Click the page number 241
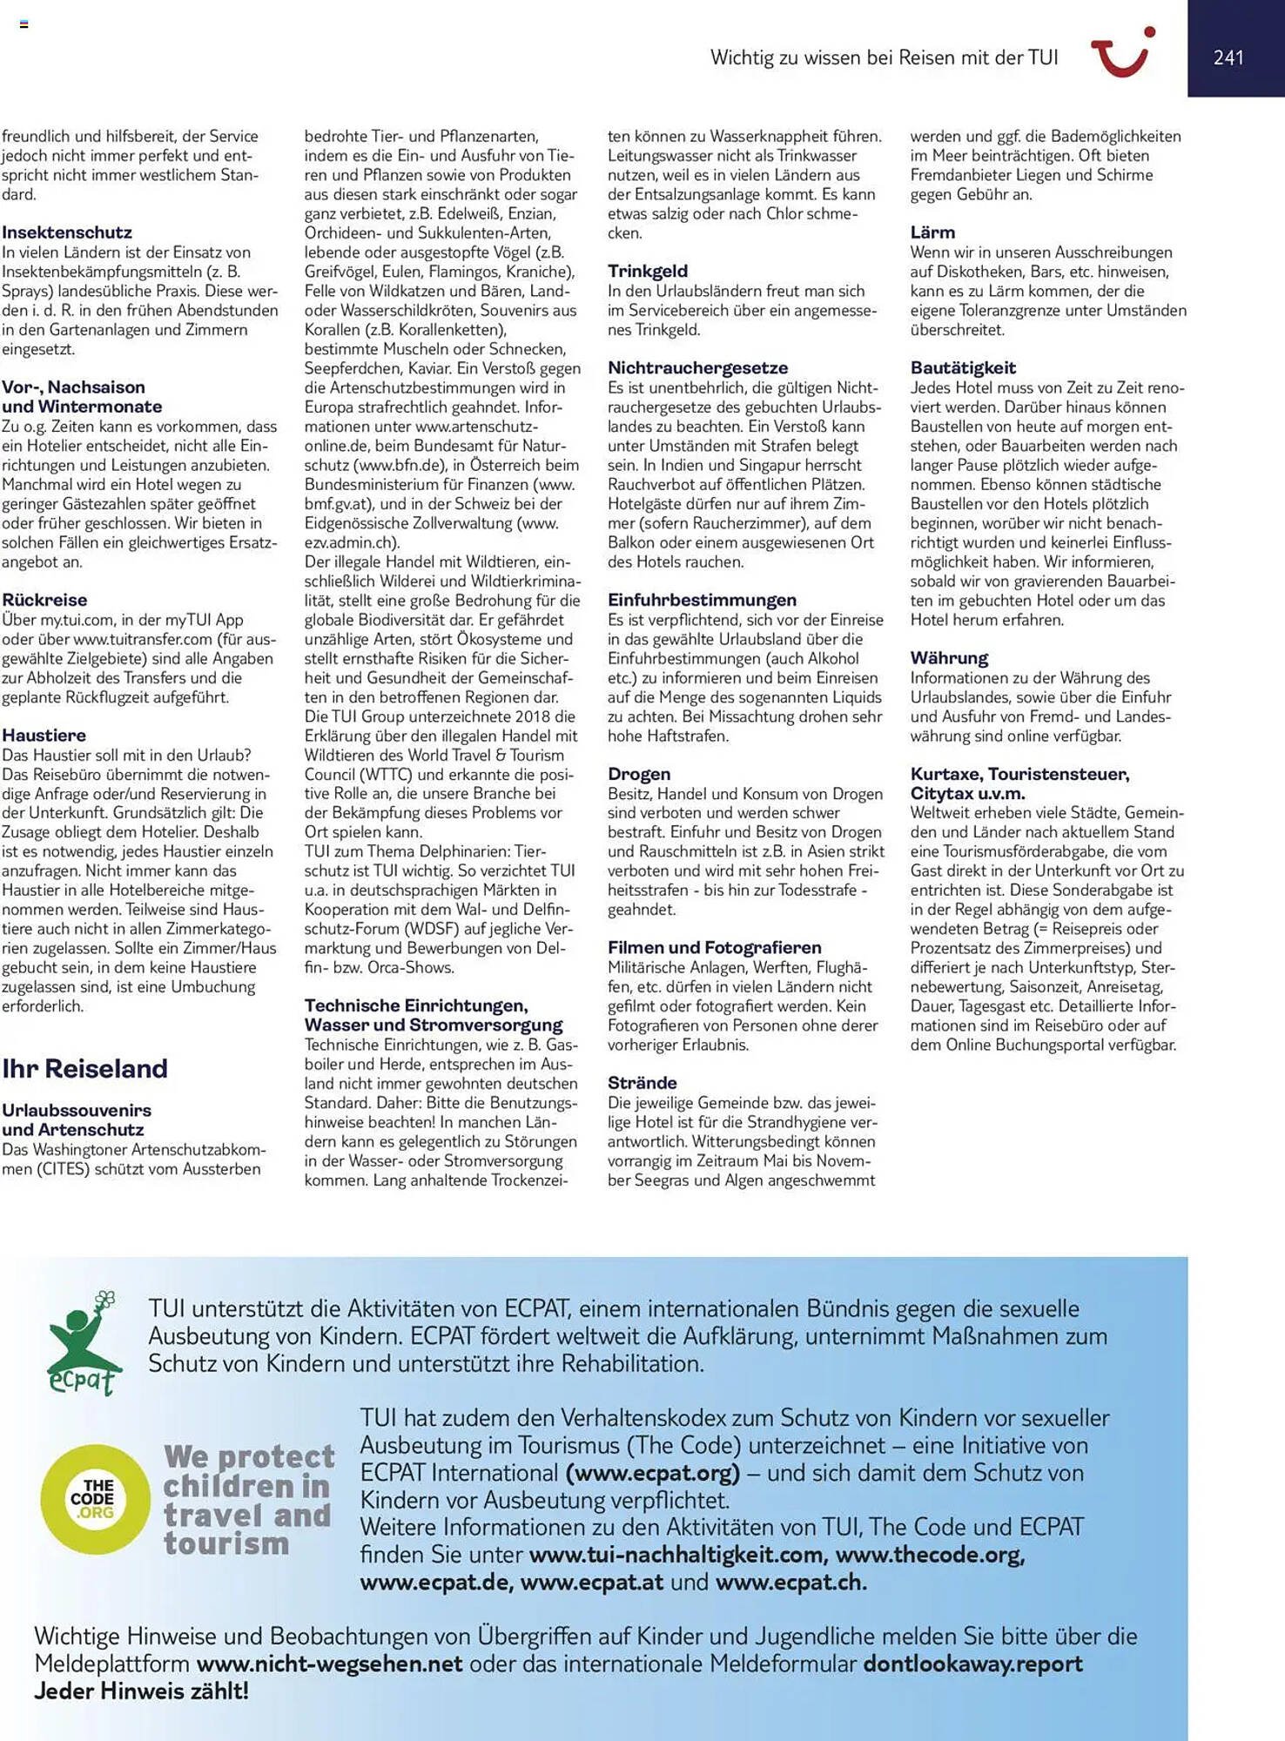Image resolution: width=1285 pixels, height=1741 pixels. click(1228, 57)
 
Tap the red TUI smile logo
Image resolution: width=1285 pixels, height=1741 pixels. click(1123, 53)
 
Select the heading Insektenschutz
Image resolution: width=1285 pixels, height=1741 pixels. click(67, 232)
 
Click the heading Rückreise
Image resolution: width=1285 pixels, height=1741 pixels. click(44, 600)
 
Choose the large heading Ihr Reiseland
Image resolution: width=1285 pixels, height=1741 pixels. click(84, 1068)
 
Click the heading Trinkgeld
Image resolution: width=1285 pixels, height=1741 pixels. click(648, 271)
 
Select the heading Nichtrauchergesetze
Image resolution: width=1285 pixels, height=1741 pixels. click(697, 367)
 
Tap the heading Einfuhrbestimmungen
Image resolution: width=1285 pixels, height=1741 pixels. click(702, 600)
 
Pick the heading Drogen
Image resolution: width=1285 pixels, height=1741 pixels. click(639, 774)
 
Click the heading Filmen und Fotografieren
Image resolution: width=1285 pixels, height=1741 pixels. click(714, 947)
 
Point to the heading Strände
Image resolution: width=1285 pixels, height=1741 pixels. click(642, 1083)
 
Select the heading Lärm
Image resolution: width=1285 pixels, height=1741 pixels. click(932, 232)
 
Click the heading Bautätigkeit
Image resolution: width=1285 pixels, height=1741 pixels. click(963, 367)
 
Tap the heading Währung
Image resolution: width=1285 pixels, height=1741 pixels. click(949, 658)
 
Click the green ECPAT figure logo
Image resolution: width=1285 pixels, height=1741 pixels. click(84, 1343)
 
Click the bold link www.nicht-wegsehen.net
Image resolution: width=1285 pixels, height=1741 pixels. click(329, 1664)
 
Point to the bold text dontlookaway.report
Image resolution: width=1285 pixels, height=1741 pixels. click(972, 1664)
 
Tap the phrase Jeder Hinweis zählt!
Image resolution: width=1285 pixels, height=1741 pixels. click(141, 1691)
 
